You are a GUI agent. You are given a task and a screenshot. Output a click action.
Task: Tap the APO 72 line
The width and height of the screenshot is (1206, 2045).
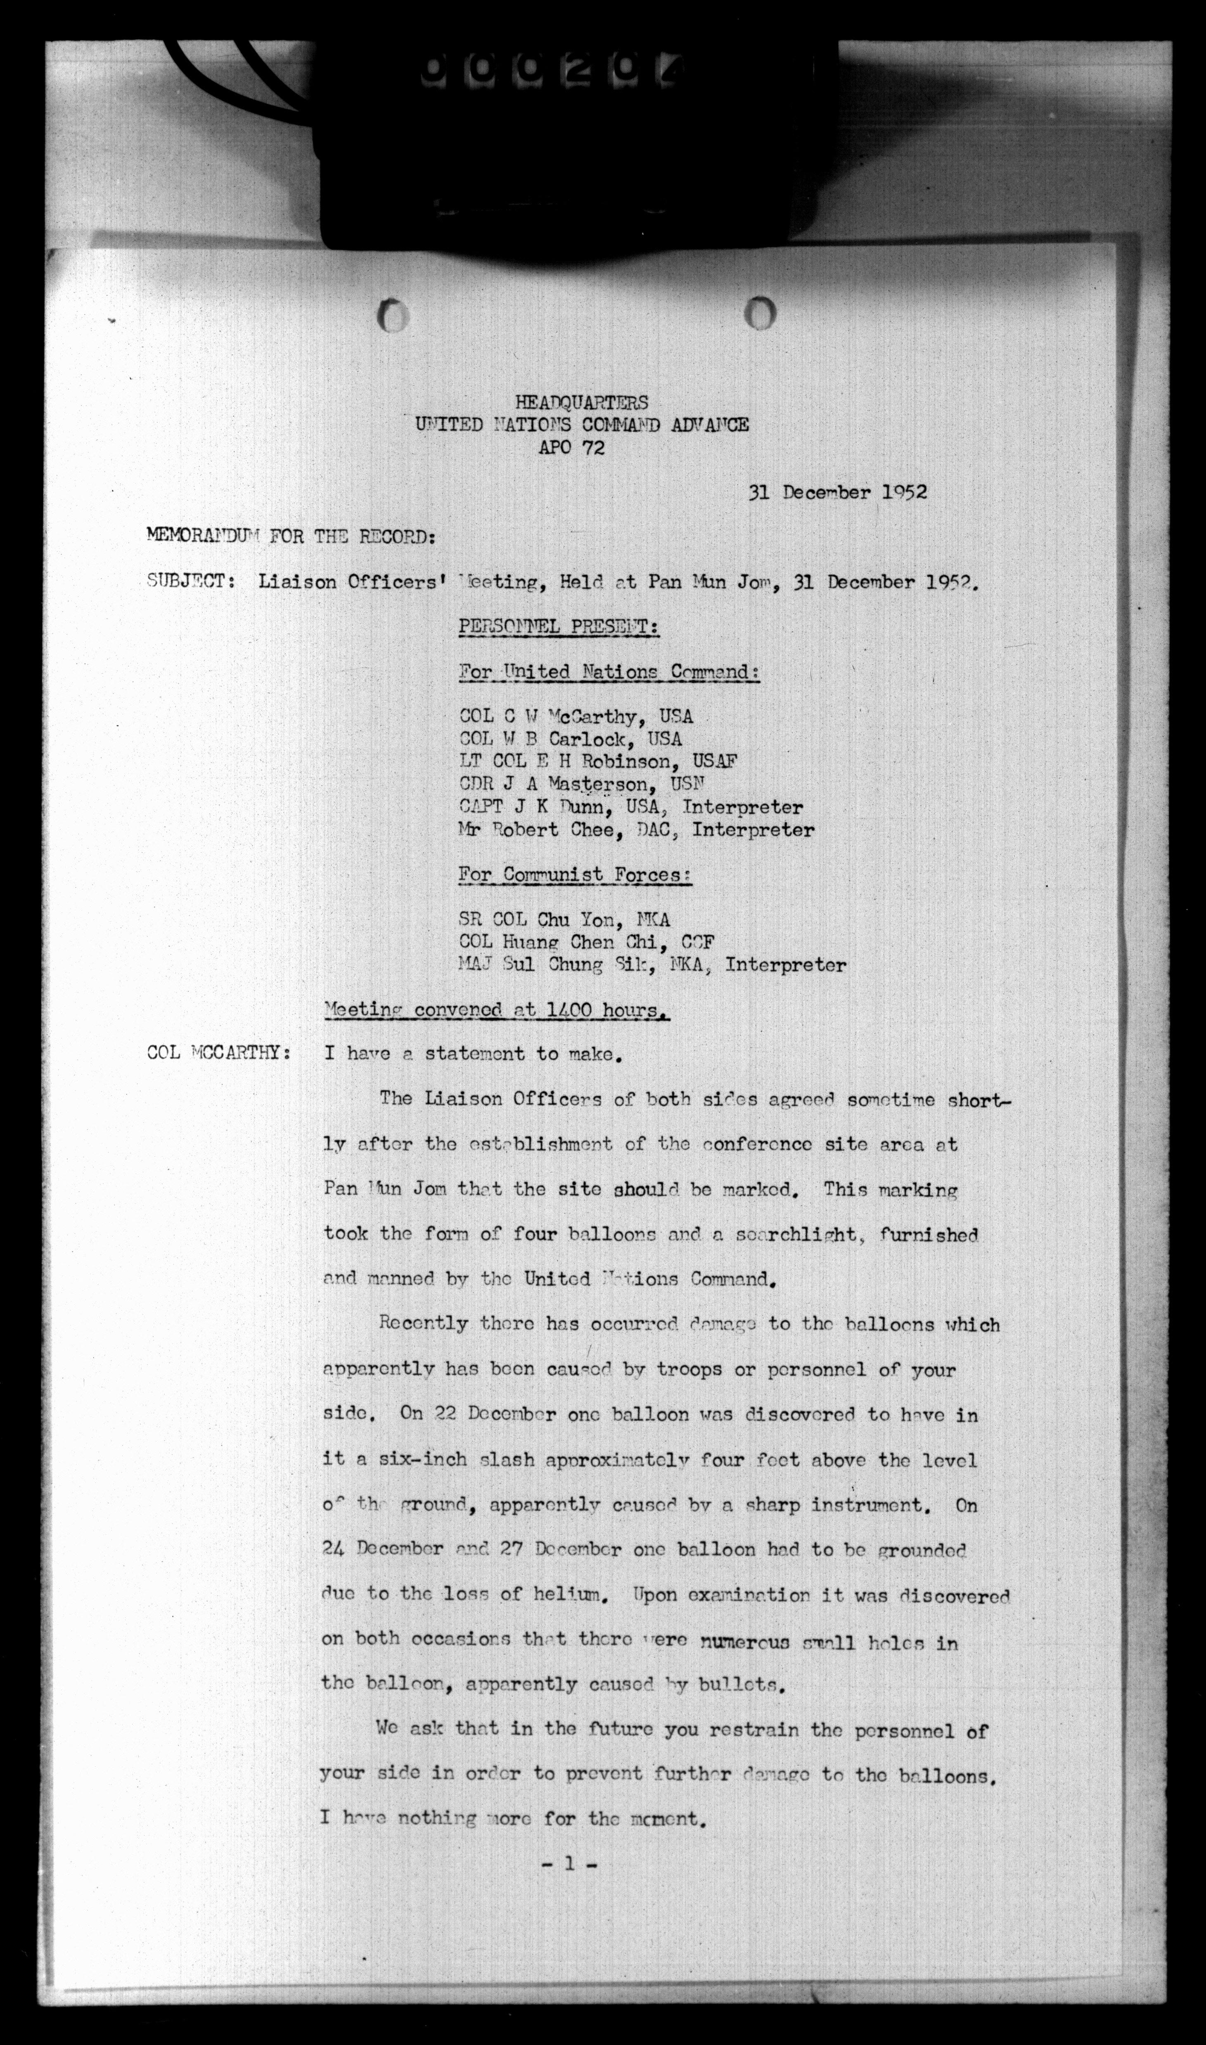coord(571,448)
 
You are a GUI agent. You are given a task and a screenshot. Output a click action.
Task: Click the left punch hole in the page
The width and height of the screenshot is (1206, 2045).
coord(393,315)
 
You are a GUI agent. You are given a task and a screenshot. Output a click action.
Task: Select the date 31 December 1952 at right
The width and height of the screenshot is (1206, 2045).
coord(837,492)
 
